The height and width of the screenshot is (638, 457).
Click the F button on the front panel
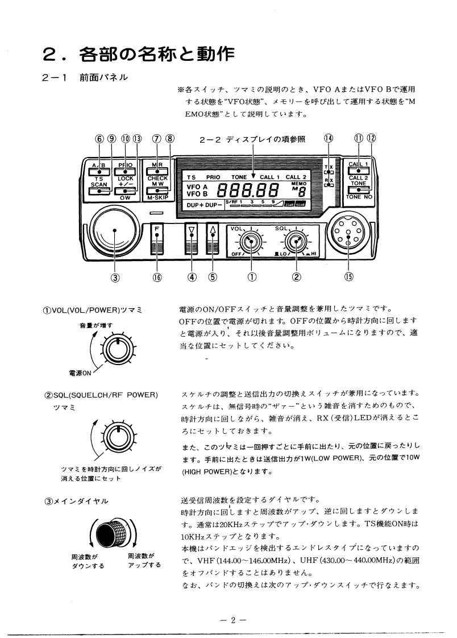click(157, 231)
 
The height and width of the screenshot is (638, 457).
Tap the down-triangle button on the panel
click(192, 231)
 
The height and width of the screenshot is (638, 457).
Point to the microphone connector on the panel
click(348, 234)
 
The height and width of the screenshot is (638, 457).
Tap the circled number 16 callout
click(157, 277)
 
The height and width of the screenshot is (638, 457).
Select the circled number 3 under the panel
click(115, 277)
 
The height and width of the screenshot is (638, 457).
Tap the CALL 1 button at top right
click(358, 168)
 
